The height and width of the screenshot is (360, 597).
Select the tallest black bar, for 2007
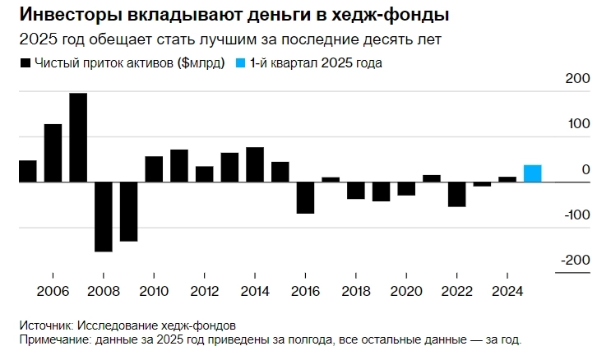coord(78,137)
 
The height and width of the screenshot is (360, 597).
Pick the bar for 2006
coord(53,153)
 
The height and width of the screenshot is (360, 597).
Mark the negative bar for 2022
coord(456,194)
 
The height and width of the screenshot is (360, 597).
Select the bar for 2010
coord(154,168)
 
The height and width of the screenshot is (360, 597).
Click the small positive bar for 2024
coord(507,179)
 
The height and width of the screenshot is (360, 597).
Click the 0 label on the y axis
coord(585,169)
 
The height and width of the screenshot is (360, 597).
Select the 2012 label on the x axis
coord(204,291)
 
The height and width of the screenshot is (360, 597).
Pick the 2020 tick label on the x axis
coord(406,291)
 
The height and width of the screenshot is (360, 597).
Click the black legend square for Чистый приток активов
coord(25,62)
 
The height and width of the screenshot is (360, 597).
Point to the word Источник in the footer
coord(44,325)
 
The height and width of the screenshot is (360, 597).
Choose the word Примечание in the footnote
coord(56,339)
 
